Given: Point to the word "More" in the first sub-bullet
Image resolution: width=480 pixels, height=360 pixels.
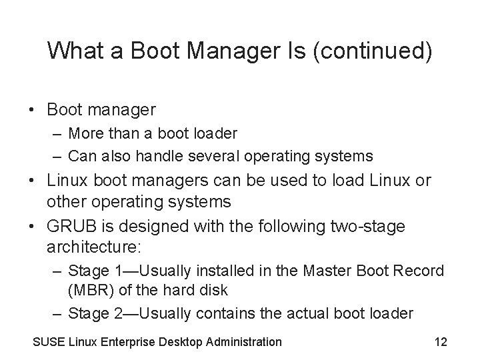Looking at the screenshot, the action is (x=85, y=133).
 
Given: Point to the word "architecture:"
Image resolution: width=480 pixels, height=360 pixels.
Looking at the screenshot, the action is (x=94, y=247).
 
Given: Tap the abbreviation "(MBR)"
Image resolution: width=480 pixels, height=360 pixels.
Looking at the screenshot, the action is (x=91, y=291).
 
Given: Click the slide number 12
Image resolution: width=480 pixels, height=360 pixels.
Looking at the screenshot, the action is (x=440, y=342).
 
